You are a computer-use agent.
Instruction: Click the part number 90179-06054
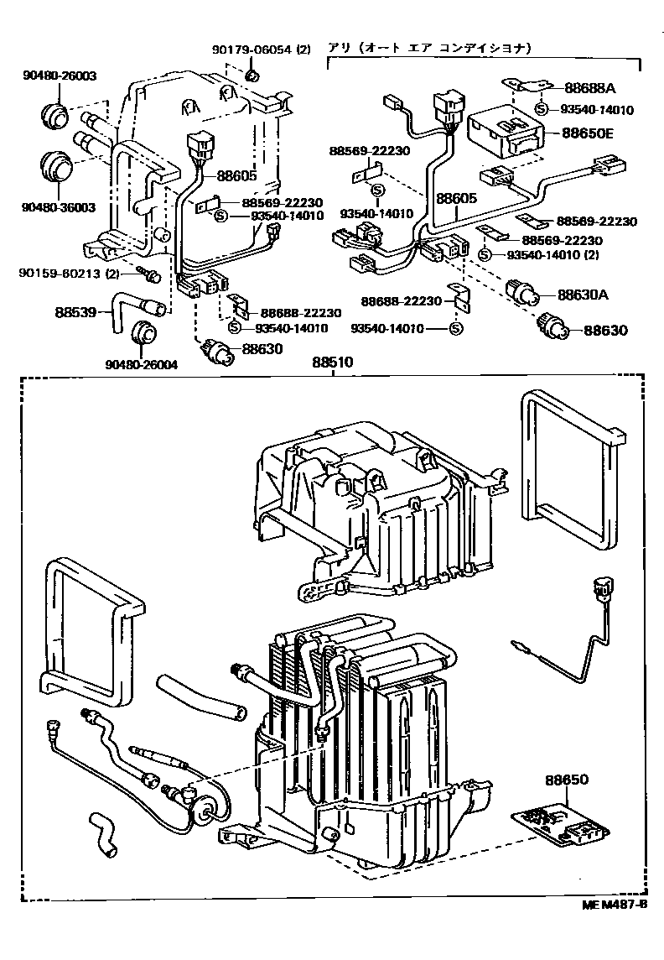pos(251,50)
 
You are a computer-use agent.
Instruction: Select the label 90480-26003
pos(59,76)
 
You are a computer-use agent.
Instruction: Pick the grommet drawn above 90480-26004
pos(146,333)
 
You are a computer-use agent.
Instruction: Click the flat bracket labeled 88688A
pos(528,86)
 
